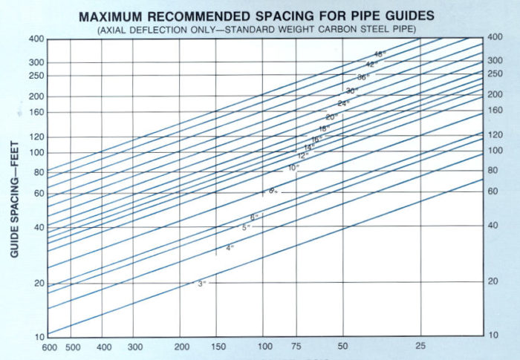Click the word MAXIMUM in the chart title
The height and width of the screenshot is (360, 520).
(x=117, y=16)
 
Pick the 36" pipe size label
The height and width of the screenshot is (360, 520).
(x=363, y=76)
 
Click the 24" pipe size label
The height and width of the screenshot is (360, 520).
(x=342, y=103)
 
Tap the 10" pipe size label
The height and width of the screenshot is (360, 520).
(x=293, y=168)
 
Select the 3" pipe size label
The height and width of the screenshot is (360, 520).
(x=201, y=284)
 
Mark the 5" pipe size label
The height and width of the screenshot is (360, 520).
(x=245, y=226)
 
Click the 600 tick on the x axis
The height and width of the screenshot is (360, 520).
(x=49, y=347)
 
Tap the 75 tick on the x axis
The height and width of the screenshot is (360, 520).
(x=296, y=347)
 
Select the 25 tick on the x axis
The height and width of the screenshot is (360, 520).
(x=420, y=347)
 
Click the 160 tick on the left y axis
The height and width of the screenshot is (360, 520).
(x=36, y=113)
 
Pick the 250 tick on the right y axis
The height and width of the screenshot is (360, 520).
(x=495, y=74)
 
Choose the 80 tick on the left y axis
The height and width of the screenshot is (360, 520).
(x=38, y=172)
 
